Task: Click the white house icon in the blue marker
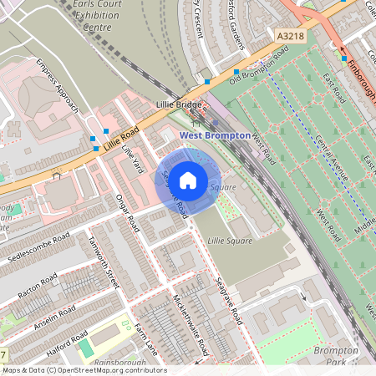[188, 179]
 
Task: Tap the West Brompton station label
[215, 135]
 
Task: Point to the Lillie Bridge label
[179, 105]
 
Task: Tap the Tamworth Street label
[104, 262]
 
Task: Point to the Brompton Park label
[336, 355]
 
